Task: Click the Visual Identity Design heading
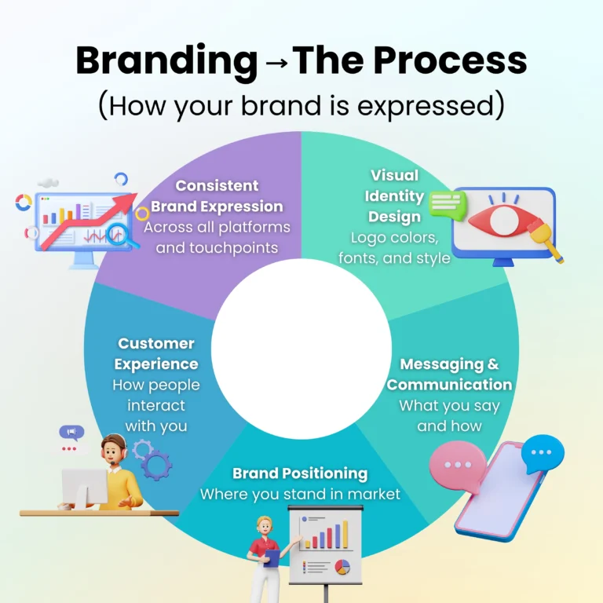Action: [x=396, y=196]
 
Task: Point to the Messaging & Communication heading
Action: [x=449, y=375]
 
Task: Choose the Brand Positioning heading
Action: [x=300, y=473]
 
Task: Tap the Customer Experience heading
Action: [x=156, y=354]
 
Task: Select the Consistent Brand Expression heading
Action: [x=217, y=196]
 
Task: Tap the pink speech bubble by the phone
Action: [x=457, y=466]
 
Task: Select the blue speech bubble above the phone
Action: [x=543, y=453]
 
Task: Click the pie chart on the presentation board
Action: [x=342, y=567]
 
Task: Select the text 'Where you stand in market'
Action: [x=300, y=494]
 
